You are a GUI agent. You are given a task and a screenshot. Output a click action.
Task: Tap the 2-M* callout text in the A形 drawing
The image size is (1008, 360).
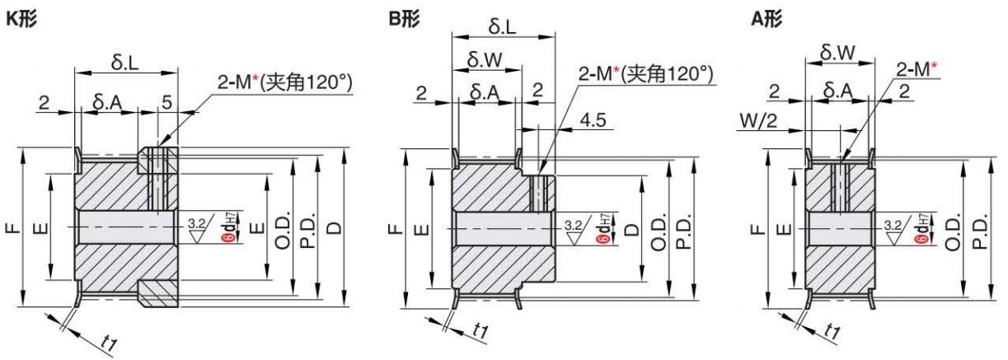click(x=917, y=69)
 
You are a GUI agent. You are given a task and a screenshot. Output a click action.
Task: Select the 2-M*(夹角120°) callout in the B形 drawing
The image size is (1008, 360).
click(x=645, y=76)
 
